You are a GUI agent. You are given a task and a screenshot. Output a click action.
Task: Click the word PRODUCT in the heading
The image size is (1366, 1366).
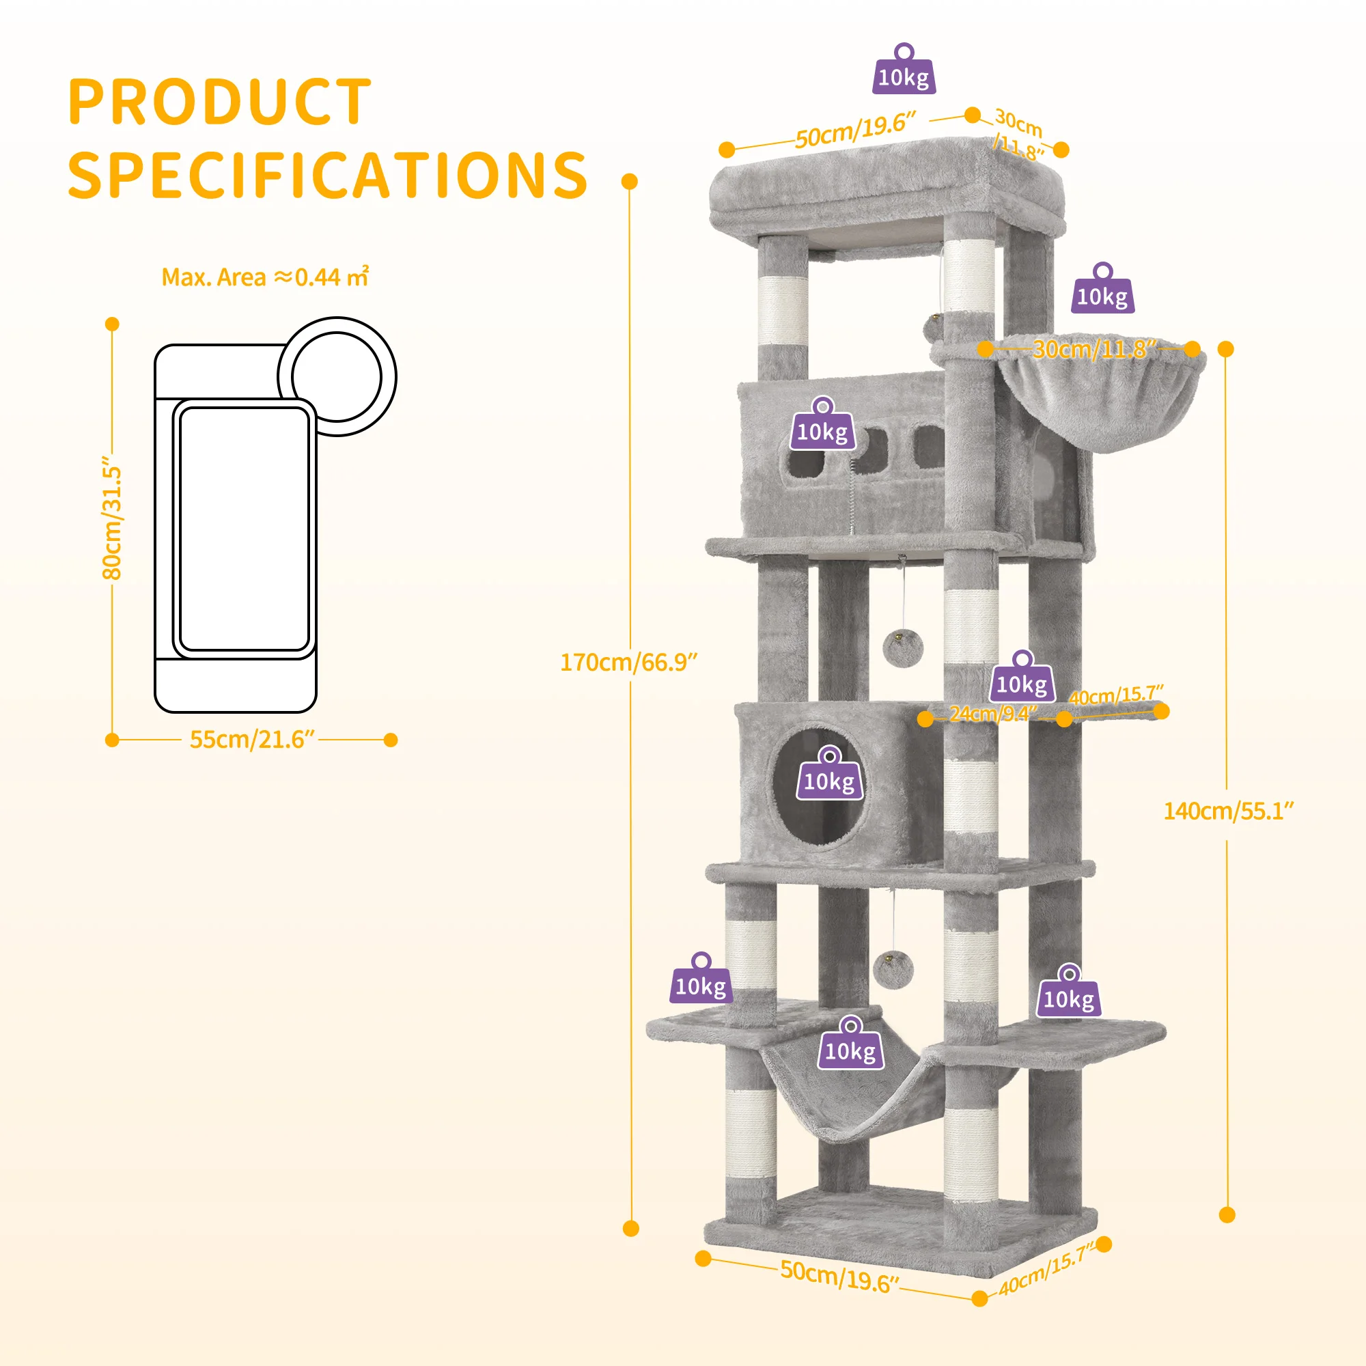[x=219, y=102]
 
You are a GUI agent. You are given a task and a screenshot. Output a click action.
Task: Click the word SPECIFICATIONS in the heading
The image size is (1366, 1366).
[x=327, y=176]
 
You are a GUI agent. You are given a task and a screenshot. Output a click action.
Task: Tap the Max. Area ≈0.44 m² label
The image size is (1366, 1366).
[x=265, y=277]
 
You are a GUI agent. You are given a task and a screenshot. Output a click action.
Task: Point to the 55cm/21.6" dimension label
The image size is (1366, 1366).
[x=251, y=739]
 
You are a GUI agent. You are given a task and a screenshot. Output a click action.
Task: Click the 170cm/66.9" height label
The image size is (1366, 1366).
[x=628, y=662]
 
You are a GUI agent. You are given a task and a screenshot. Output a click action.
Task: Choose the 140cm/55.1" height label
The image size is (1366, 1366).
[x=1229, y=810]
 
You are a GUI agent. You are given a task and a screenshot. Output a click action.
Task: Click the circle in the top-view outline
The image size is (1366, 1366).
[x=337, y=376]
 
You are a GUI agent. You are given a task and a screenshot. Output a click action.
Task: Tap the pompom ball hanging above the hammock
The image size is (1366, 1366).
[x=893, y=970]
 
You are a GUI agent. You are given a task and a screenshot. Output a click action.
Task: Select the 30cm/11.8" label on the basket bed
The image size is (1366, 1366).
[x=1093, y=348]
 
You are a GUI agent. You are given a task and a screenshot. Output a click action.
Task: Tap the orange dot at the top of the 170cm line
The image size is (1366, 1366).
[x=629, y=182]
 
